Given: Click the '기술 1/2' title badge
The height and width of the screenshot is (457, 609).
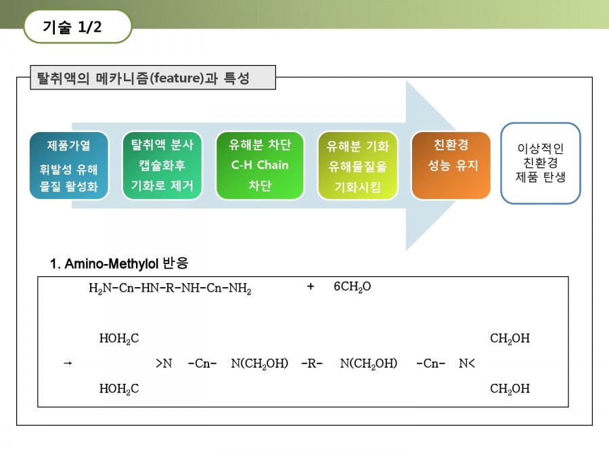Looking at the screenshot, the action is point(78,26).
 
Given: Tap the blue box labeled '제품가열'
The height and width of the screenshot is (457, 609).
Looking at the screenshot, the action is point(69,166).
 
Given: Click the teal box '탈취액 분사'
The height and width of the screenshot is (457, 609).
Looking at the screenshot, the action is point(162,166).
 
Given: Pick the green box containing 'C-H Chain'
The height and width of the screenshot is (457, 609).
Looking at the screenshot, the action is point(260,166).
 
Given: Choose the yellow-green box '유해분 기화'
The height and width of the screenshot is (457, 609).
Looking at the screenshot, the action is point(358,166).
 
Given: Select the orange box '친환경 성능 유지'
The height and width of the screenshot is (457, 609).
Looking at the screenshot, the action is point(451,166).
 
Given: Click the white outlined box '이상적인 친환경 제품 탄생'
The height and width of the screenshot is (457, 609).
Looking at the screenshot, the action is point(540,163).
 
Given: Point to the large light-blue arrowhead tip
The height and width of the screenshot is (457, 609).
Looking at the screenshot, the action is point(456,166).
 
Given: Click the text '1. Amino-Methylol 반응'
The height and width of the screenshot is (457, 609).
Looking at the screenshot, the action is point(119,263).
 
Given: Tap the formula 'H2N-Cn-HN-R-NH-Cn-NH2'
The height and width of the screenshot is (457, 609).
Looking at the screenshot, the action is point(170,288).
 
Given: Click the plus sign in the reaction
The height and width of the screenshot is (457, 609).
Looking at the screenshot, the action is point(311,287).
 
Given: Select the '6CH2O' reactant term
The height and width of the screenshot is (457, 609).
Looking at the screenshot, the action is point(353,287).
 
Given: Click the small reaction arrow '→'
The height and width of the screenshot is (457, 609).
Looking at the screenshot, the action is point(68,364).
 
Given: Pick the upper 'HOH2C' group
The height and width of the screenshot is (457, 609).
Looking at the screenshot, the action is point(119,339).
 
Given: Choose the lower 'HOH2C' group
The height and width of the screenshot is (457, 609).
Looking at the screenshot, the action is point(119,389).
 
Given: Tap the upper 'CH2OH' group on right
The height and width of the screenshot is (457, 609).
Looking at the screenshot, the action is point(510,339).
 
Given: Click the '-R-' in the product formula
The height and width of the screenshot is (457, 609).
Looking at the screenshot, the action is point(312,364).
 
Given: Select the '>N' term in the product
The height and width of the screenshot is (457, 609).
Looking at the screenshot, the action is point(164,364).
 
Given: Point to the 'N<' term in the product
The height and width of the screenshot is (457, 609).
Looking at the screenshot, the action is point(467,364).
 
